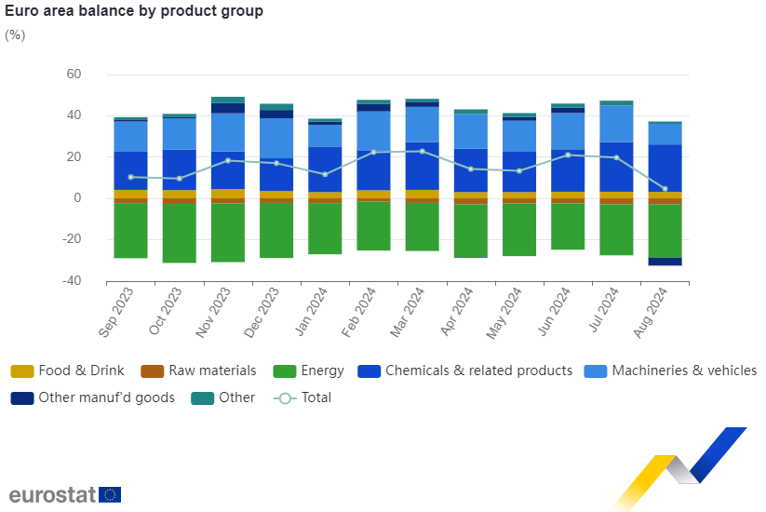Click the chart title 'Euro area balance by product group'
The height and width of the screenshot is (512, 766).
(x=134, y=11)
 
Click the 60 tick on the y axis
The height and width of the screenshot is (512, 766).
(x=74, y=74)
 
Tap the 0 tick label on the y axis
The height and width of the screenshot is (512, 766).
(x=78, y=198)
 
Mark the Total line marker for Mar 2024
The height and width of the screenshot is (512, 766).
(x=422, y=151)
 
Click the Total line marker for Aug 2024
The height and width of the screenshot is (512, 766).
(x=665, y=189)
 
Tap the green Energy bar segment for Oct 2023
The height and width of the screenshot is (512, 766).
(x=179, y=234)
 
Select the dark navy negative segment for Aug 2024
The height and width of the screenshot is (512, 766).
(x=665, y=262)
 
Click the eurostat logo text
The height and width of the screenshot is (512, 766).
(x=52, y=494)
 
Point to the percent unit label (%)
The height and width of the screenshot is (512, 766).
(x=15, y=35)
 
